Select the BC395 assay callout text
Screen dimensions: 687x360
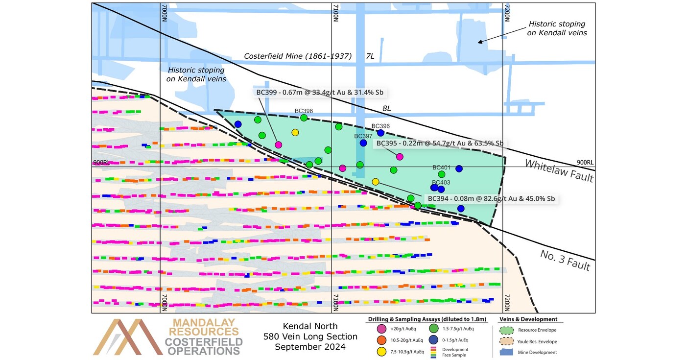pyautogui.click(x=439, y=143)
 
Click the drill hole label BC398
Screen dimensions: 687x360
pyautogui.click(x=304, y=111)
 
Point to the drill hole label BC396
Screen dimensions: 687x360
pyautogui.click(x=380, y=126)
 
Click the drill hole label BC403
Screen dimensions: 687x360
pyautogui.click(x=441, y=182)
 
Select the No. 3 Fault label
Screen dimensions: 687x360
pyautogui.click(x=565, y=260)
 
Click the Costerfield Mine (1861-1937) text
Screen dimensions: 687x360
pyautogui.click(x=298, y=56)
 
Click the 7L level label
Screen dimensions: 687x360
pyautogui.click(x=370, y=56)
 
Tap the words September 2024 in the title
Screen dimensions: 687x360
pyautogui.click(x=310, y=347)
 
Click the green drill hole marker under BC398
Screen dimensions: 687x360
pyautogui.click(x=304, y=118)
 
